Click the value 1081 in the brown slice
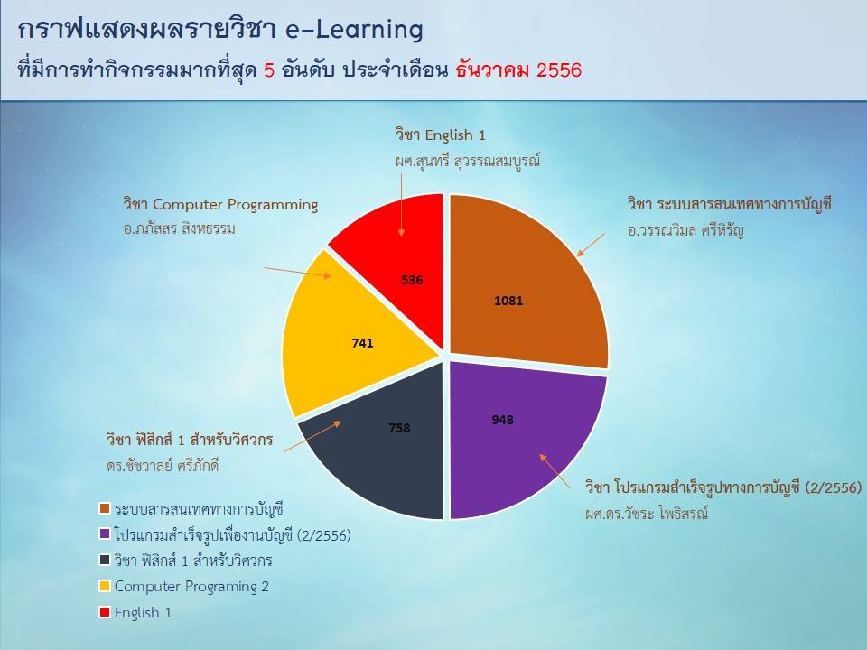508,301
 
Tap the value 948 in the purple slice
502,420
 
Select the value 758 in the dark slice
399,428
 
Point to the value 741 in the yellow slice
362,343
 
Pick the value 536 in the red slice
412,280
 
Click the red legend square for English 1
105,612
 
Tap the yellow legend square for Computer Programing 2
105,587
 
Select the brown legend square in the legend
105,508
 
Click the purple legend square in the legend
105,534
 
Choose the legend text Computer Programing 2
191,587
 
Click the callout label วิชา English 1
440,135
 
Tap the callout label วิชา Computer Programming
220,205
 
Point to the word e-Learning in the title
354,29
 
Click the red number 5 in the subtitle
269,70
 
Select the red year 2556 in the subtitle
559,70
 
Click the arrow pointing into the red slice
401,205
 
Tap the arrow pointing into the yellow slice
297,272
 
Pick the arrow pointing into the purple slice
555,471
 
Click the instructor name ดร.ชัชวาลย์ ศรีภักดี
163,466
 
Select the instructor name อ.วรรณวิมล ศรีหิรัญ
685,230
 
